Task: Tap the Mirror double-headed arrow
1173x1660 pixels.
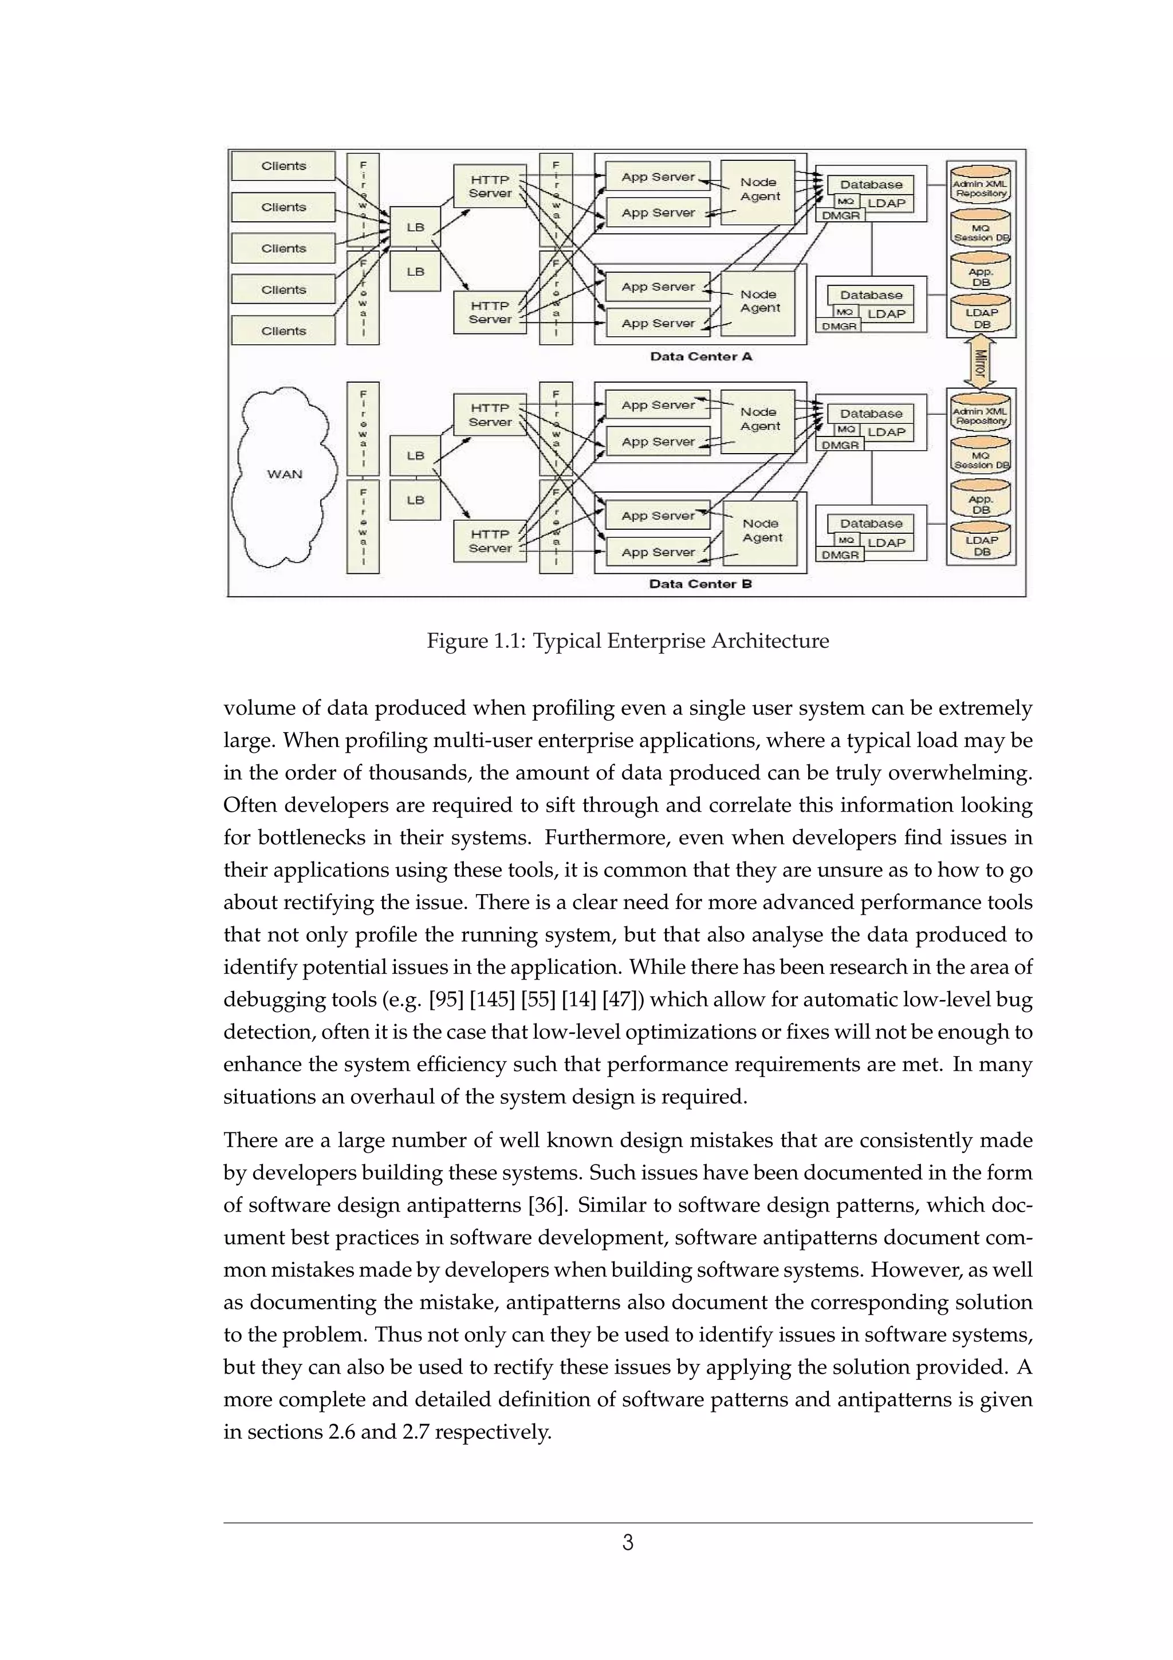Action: pos(980,363)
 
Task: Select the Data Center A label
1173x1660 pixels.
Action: pos(700,356)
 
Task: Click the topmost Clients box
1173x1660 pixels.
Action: pos(284,166)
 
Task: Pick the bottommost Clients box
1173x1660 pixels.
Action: pos(284,331)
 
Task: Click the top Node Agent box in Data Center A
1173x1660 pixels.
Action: pos(758,191)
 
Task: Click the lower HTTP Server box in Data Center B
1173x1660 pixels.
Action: pos(489,541)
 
